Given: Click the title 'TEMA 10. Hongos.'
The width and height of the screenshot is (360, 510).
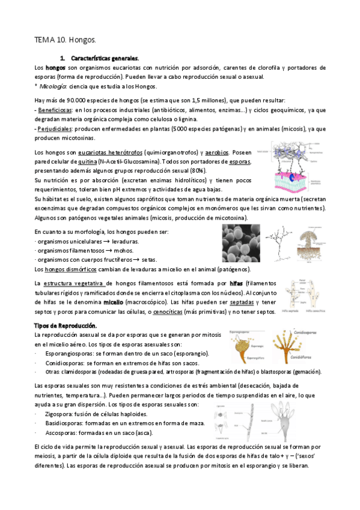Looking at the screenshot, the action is tap(66, 40).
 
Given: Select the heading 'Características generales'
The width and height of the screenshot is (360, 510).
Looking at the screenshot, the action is tap(105, 58).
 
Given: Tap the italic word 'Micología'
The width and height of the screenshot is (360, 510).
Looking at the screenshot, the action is tap(53, 87).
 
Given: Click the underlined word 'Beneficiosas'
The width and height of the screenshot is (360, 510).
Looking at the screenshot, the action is tap(55, 111).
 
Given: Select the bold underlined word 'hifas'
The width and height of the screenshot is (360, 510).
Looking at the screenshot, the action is tap(236, 283).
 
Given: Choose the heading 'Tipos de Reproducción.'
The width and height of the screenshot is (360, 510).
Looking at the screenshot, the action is tap(65, 325).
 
